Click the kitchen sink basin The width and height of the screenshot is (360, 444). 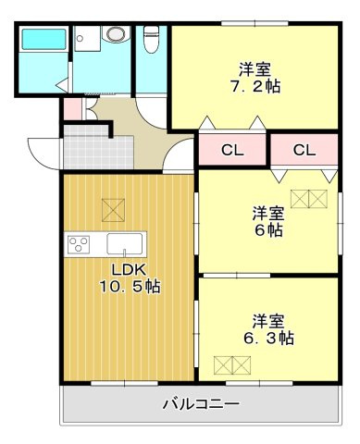[124, 245]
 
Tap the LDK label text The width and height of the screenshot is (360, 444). [130, 269]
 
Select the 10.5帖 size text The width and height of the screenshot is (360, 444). [130, 287]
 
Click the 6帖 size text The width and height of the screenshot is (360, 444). [269, 230]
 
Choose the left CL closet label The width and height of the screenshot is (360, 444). [231, 150]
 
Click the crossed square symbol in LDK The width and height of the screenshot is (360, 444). [112, 210]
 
